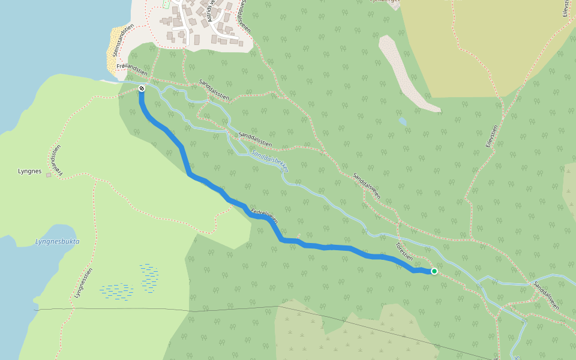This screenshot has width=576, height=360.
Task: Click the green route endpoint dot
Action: [434, 271]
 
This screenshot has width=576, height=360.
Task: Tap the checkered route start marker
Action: [142, 89]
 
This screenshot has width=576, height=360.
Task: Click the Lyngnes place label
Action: [29, 172]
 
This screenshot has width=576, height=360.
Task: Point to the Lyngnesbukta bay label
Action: [57, 242]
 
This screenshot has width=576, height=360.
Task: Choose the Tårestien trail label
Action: [404, 251]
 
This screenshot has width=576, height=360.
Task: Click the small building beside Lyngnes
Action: [49, 175]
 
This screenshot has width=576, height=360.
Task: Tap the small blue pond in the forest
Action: [402, 121]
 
